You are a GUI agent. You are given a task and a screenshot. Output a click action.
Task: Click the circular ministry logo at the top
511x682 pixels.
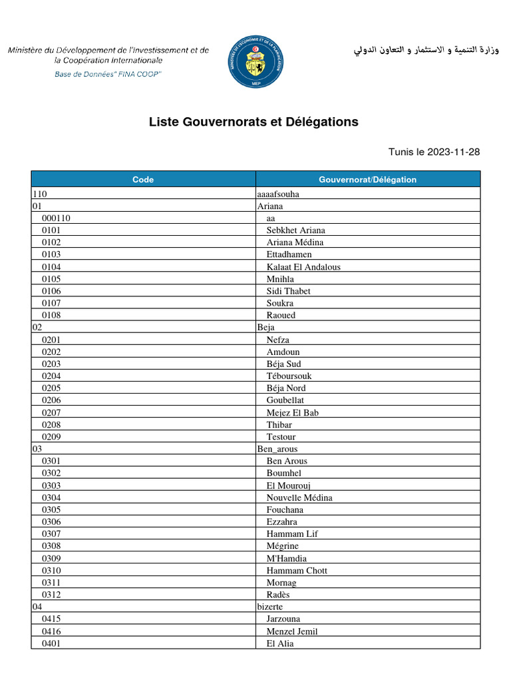click(255, 62)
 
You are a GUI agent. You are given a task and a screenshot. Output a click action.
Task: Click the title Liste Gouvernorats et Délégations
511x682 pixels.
click(254, 122)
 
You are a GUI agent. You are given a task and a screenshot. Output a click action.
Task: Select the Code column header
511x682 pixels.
click(143, 179)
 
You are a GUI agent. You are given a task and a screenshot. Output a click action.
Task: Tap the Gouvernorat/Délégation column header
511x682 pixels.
click(367, 179)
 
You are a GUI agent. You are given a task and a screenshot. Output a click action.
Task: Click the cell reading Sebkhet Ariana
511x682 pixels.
click(296, 230)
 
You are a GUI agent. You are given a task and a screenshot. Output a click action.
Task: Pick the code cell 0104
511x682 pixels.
click(51, 267)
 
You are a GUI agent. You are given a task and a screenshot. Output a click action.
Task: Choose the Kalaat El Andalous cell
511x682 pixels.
click(303, 267)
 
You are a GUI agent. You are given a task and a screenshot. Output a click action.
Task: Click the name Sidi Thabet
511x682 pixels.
click(289, 291)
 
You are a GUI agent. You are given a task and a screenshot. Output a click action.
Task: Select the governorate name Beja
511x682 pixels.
click(265, 328)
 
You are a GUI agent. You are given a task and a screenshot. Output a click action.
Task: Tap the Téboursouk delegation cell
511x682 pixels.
click(289, 376)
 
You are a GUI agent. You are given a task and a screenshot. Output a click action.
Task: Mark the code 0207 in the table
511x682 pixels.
click(51, 413)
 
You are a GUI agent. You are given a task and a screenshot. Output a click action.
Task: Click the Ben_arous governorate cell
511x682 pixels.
click(277, 449)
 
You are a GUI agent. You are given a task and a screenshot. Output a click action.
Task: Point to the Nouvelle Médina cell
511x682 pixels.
click(299, 498)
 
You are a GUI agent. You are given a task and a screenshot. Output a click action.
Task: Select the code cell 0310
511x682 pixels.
click(51, 571)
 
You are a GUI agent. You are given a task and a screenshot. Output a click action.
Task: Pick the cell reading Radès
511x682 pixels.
click(278, 595)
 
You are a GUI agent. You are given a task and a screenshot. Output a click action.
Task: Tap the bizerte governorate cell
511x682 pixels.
click(270, 607)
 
